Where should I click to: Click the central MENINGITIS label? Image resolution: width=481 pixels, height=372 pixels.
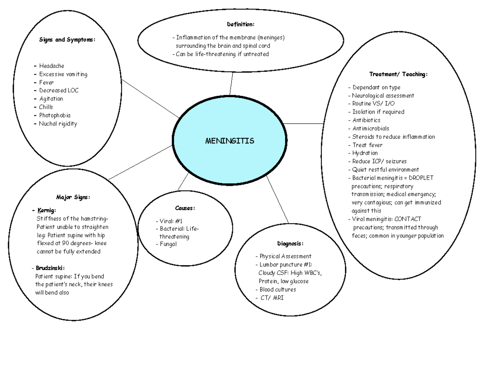click(x=229, y=141)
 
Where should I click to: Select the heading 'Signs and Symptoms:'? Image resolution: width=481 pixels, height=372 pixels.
click(x=67, y=40)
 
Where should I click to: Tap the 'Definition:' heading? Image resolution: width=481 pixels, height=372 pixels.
click(x=240, y=24)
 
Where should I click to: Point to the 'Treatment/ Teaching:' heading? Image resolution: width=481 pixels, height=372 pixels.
click(x=398, y=74)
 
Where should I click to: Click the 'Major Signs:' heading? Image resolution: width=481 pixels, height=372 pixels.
click(x=73, y=197)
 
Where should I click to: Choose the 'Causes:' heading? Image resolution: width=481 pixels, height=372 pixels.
click(x=185, y=208)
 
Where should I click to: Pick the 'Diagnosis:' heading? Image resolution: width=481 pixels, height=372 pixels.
click(x=290, y=244)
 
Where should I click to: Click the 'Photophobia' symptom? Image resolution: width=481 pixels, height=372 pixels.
click(x=55, y=116)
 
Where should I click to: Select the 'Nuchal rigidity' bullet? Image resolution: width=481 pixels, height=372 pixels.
click(x=58, y=124)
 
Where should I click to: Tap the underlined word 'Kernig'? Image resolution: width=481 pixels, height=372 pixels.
click(x=47, y=210)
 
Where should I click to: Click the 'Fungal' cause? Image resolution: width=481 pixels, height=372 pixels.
click(x=168, y=244)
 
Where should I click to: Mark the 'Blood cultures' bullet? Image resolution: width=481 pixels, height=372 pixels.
click(x=278, y=290)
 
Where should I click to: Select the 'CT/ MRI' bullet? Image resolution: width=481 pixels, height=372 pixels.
click(x=272, y=298)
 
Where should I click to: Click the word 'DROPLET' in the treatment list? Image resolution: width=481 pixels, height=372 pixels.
click(x=420, y=178)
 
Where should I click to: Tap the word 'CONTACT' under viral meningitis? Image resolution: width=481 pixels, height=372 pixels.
click(x=408, y=219)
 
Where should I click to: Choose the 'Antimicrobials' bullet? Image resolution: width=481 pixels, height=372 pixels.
click(x=371, y=128)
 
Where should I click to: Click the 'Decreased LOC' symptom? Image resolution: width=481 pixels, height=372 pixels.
click(x=59, y=91)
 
